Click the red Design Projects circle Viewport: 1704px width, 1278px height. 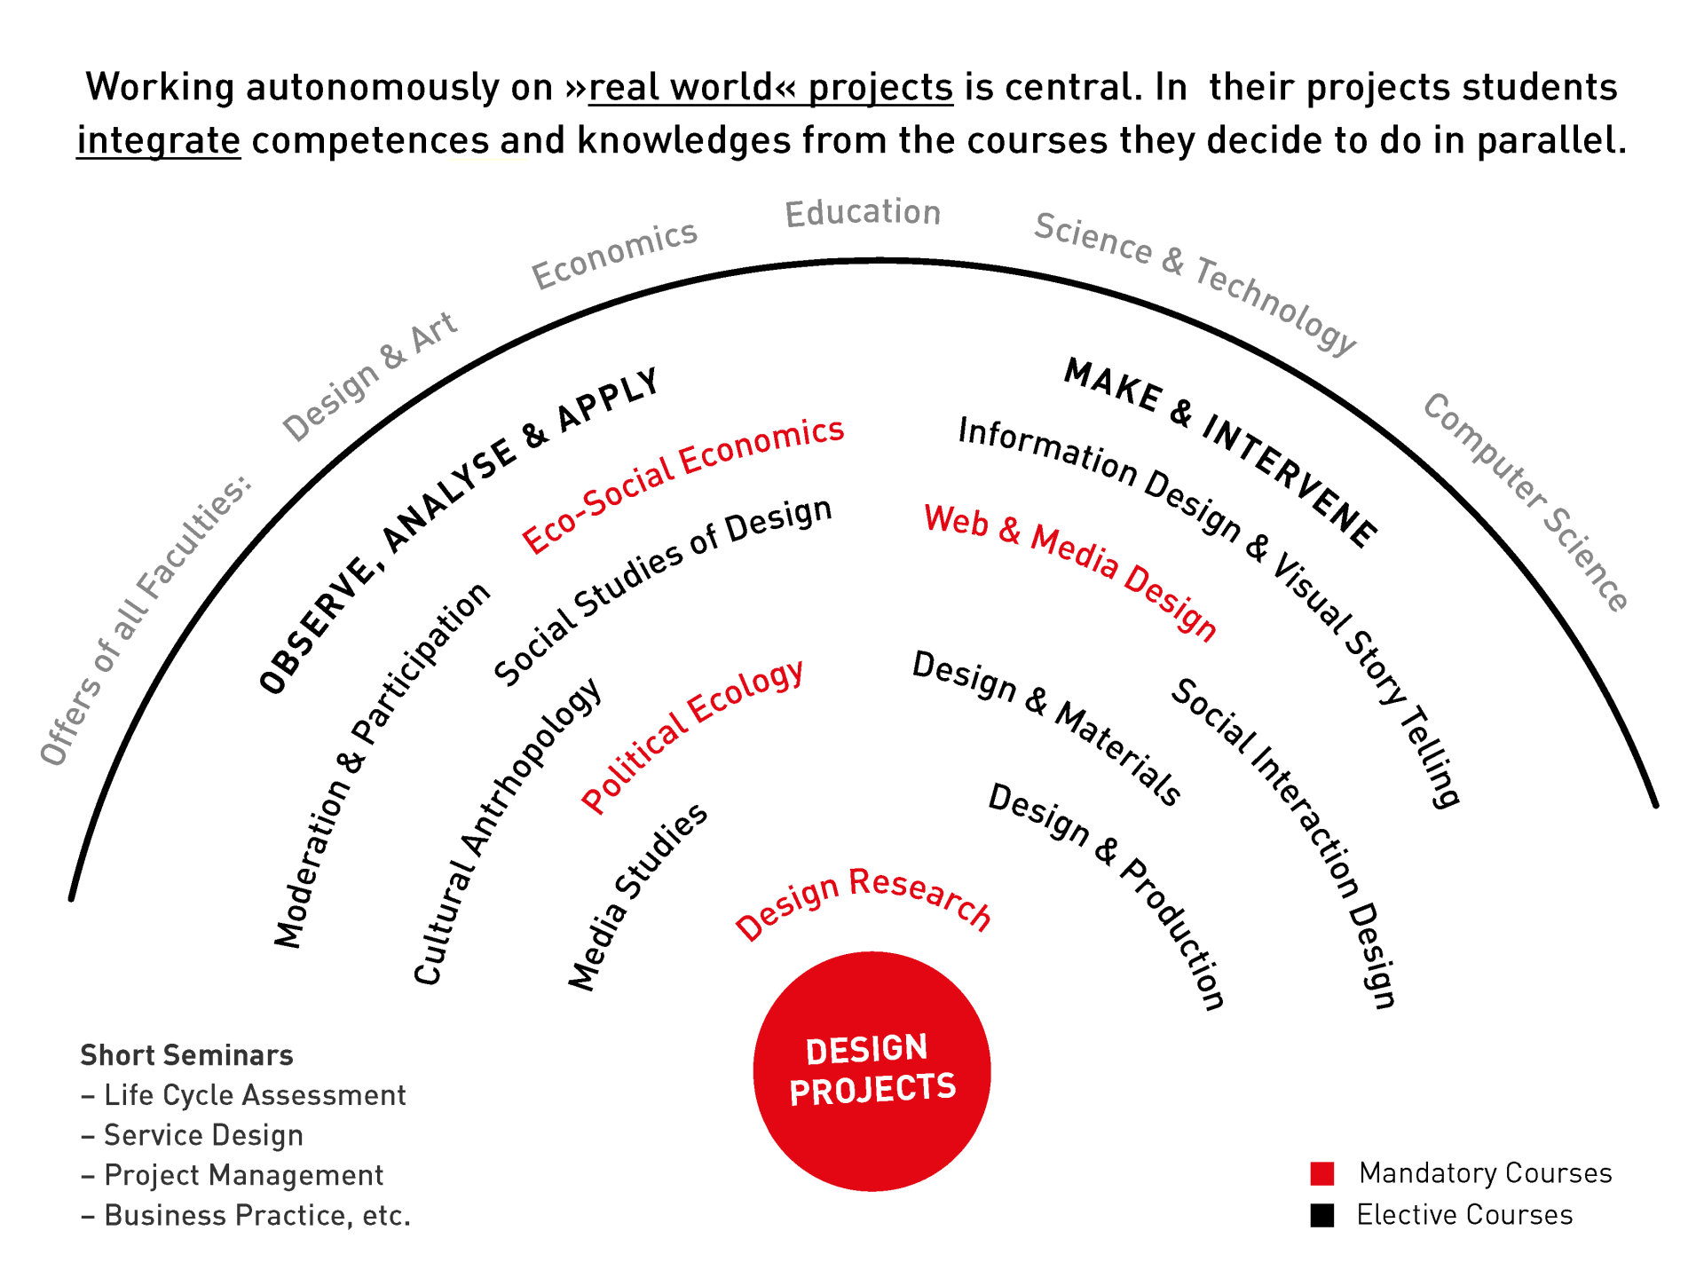click(872, 1070)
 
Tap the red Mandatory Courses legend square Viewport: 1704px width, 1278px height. click(1322, 1173)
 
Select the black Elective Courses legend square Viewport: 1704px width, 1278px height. click(1322, 1215)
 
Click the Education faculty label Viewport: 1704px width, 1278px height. click(863, 213)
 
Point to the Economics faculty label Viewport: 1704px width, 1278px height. click(614, 255)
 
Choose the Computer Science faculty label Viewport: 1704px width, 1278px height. click(1526, 501)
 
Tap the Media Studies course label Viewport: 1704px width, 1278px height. click(637, 896)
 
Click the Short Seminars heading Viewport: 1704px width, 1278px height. click(186, 1055)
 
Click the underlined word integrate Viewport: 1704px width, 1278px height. click(159, 140)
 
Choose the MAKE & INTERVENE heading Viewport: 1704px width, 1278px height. click(1221, 451)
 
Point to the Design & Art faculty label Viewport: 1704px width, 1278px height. click(369, 376)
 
